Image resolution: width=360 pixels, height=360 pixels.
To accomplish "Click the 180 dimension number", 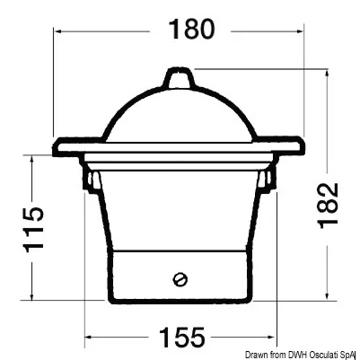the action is (x=192, y=29).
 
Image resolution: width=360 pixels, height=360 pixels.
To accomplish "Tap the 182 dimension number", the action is (x=328, y=206).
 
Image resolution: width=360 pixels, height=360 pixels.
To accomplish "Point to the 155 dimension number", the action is (x=182, y=337).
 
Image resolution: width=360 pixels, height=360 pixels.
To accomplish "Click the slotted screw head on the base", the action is (x=180, y=279).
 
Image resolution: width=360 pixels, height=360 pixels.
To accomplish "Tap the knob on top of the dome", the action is (x=179, y=78).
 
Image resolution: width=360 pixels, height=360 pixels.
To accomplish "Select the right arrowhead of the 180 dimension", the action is (x=299, y=31).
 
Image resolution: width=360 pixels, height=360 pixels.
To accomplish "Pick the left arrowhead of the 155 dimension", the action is (x=89, y=337).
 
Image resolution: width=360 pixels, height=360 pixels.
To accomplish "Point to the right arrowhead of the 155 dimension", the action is (x=270, y=337).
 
